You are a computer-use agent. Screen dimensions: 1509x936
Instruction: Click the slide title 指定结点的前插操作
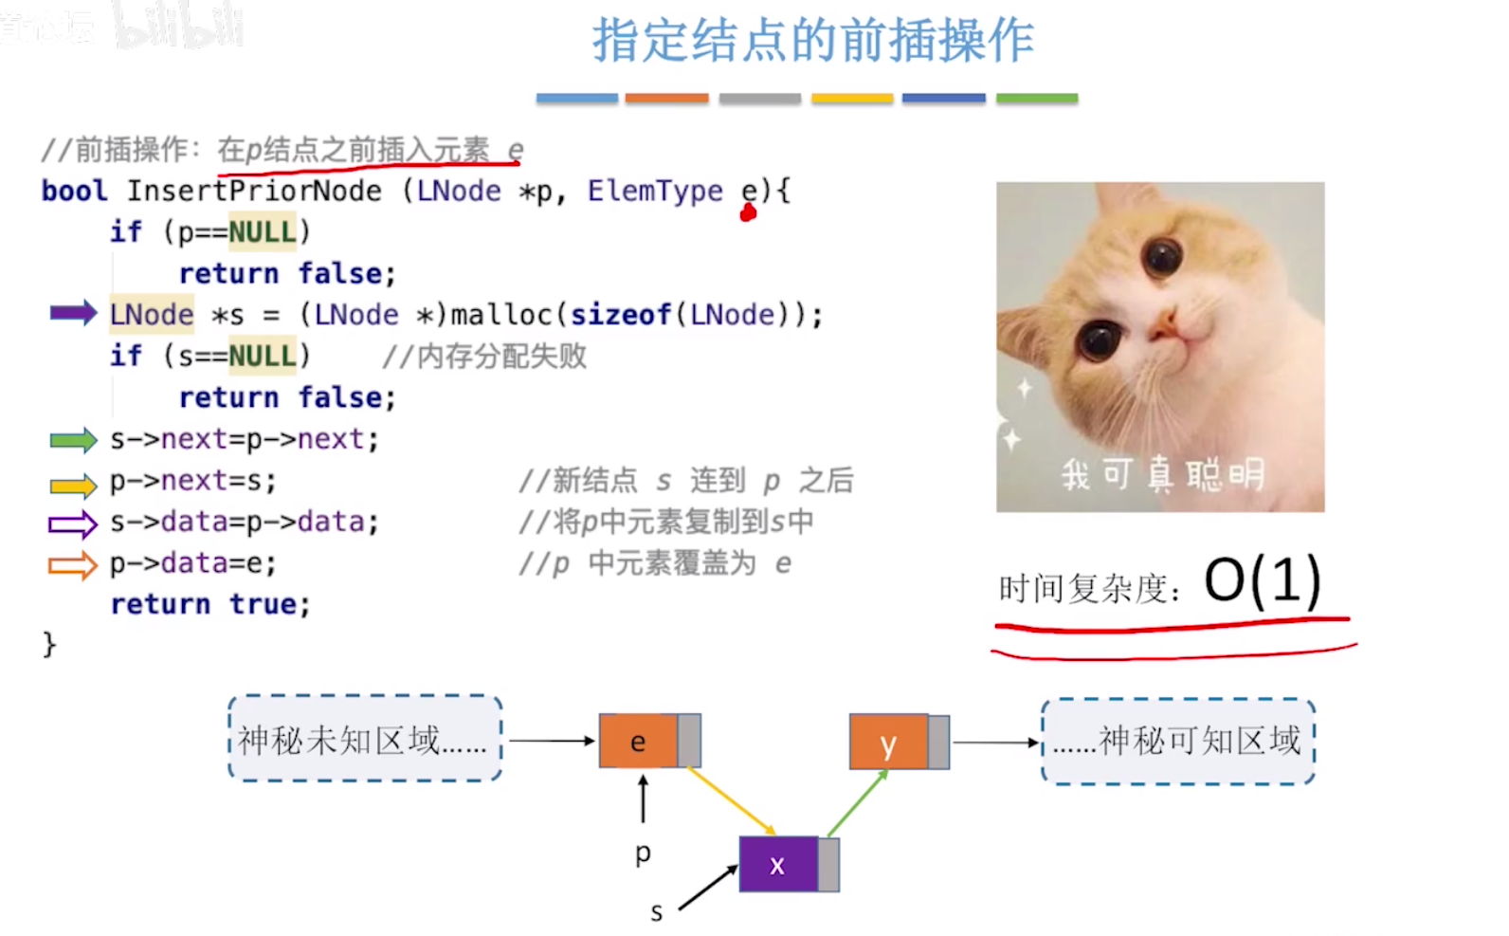[812, 41]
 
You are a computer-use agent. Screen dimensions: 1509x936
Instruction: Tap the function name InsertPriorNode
[254, 191]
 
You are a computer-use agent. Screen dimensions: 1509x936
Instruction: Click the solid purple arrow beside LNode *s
[73, 313]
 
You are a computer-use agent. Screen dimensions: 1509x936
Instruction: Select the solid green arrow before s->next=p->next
[73, 439]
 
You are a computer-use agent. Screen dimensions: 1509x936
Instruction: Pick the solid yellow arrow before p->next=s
[73, 486]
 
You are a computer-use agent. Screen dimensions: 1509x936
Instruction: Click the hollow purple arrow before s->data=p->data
[73, 523]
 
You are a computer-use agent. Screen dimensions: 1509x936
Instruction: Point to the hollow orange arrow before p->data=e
[73, 565]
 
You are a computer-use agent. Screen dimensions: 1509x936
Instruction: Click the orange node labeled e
[639, 741]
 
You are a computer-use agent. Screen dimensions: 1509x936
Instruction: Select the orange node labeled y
[889, 742]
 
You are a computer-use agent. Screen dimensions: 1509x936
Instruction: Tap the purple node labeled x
[778, 864]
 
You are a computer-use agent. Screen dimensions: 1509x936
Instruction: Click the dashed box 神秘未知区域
[365, 739]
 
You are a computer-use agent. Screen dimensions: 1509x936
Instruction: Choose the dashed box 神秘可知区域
[1178, 741]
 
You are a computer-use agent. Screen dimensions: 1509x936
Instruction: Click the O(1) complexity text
[1262, 580]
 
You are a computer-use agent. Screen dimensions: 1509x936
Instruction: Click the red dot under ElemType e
[748, 213]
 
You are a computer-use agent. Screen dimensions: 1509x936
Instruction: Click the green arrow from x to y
[858, 802]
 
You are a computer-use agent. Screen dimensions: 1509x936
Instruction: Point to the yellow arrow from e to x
[731, 801]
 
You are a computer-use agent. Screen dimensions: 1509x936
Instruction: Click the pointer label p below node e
[643, 853]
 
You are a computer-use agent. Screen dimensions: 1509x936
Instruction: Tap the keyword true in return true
[264, 604]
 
